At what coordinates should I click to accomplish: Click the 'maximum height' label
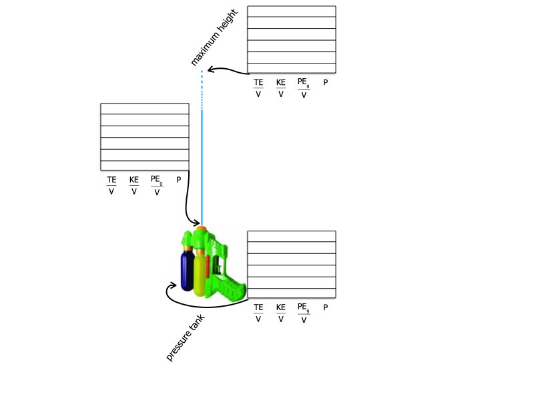click(x=214, y=37)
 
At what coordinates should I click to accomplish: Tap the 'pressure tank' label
click(x=186, y=338)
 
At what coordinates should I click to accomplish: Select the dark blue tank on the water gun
click(x=187, y=271)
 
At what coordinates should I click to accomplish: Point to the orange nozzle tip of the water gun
click(x=202, y=228)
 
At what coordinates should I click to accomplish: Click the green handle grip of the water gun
click(x=232, y=289)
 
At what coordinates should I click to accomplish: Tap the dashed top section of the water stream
click(x=202, y=90)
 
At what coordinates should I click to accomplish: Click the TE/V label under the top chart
click(x=258, y=88)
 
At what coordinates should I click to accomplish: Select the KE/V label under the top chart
click(x=280, y=88)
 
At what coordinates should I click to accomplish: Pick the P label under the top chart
click(x=326, y=82)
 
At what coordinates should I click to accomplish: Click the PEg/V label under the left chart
click(x=157, y=186)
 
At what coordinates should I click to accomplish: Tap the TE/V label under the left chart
click(x=111, y=185)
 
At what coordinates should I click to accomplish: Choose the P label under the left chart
click(x=178, y=180)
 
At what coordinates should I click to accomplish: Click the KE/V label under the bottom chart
click(x=280, y=313)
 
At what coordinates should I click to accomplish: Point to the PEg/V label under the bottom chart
click(x=304, y=313)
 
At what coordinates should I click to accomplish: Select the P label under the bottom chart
click(x=326, y=307)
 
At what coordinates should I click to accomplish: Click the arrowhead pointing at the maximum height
click(x=210, y=70)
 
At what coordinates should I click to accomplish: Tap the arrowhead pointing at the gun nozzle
click(x=196, y=223)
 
